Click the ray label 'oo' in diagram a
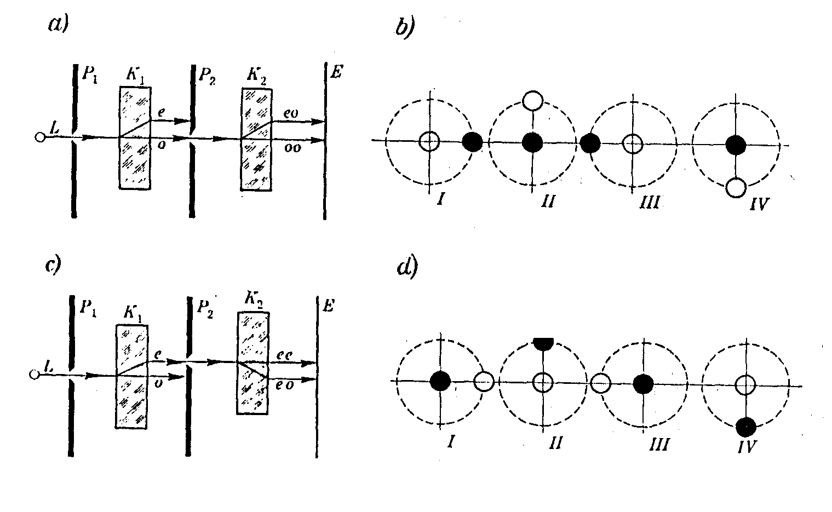click(293, 148)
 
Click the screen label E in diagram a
click(337, 71)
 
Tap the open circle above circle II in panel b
click(532, 101)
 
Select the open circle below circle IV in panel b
click(736, 188)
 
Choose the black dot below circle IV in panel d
click(746, 425)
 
